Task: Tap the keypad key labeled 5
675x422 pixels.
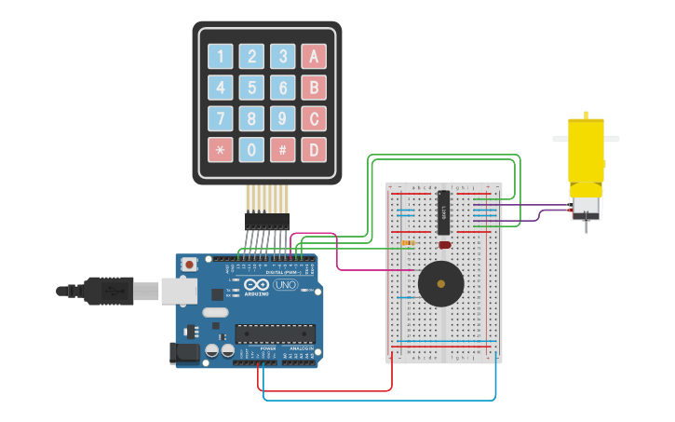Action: tap(251, 88)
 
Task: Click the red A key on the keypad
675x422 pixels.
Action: tap(314, 56)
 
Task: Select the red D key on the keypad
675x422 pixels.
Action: tap(314, 149)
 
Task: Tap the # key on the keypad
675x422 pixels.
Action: tap(283, 149)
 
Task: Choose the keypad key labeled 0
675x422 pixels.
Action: tap(251, 149)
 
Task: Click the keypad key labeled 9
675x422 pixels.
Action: tap(283, 118)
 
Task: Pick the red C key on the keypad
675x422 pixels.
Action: tap(314, 118)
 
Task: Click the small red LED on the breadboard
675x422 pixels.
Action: tap(444, 245)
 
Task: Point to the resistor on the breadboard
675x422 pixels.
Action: tap(408, 244)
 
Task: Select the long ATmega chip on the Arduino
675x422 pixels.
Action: tap(275, 334)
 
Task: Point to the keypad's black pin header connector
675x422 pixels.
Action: tap(267, 221)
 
